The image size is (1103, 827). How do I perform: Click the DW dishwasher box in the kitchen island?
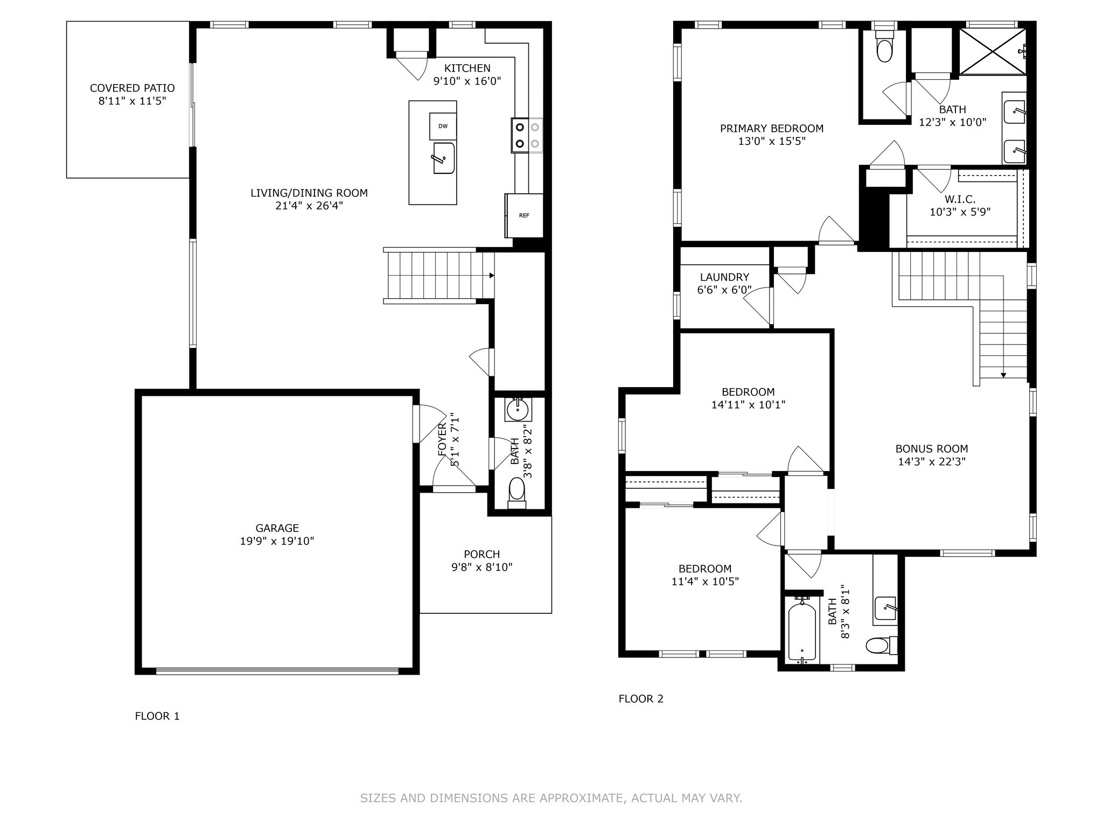click(x=443, y=127)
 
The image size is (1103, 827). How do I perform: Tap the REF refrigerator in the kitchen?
click(x=524, y=215)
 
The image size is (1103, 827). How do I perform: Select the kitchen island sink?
click(x=444, y=158)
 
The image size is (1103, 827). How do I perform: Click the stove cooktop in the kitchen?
click(x=527, y=135)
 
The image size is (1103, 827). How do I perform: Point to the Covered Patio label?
click(x=132, y=88)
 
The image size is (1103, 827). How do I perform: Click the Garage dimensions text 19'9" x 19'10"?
click(x=277, y=541)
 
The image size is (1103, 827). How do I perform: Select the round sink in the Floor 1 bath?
click(x=518, y=410)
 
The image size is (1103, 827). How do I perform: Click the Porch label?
click(x=482, y=554)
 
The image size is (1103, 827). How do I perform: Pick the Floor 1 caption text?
click(x=157, y=716)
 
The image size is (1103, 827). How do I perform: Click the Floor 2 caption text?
click(x=641, y=699)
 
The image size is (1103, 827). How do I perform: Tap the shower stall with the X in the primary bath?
click(x=993, y=52)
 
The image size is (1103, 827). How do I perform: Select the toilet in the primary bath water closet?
click(x=884, y=46)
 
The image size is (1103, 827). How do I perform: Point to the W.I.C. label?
click(x=960, y=199)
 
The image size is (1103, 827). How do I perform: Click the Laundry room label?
click(x=724, y=277)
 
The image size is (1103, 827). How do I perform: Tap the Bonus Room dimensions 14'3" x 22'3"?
click(x=932, y=461)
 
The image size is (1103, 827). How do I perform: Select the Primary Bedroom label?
click(x=772, y=129)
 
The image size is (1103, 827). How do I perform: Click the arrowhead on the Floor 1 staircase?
click(x=492, y=276)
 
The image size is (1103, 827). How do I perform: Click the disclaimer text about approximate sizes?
click(x=551, y=798)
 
